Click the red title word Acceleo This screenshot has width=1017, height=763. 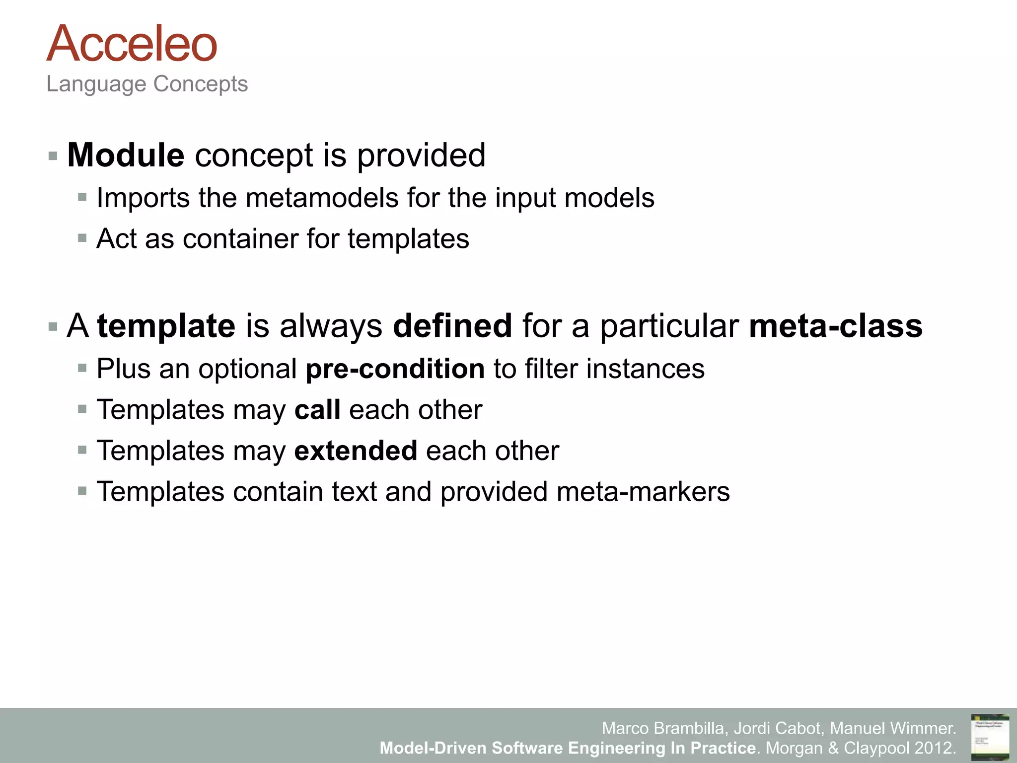[132, 44]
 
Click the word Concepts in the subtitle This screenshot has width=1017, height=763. [200, 84]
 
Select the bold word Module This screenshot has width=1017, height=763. [126, 155]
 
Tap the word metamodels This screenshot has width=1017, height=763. [322, 198]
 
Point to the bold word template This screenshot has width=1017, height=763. [166, 326]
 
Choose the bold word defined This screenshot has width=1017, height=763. [452, 326]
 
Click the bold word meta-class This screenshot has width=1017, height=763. [836, 326]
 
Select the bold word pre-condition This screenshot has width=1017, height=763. [395, 369]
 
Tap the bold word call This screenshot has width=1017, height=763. [317, 410]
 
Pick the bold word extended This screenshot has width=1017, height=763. [356, 451]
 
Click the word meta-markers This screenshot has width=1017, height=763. [643, 492]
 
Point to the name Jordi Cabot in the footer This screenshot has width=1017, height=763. [777, 728]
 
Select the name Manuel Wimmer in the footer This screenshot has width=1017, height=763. [892, 728]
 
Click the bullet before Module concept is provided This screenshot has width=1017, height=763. [53, 156]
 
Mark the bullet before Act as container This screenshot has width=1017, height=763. [82, 238]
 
